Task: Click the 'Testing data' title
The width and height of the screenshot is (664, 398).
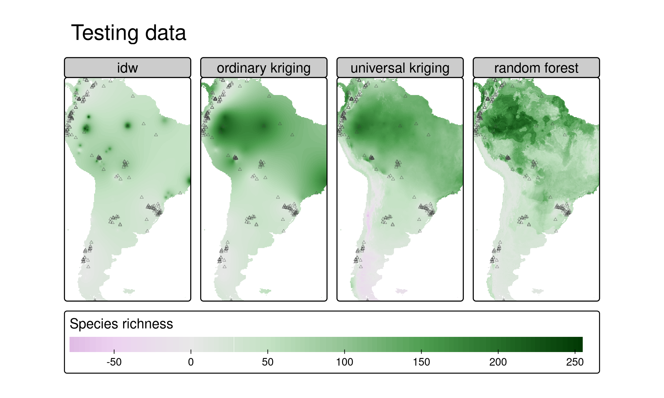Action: click(x=128, y=33)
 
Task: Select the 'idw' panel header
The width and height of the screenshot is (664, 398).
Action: click(x=127, y=68)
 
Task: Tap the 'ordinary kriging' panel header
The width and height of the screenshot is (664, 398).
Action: click(x=264, y=68)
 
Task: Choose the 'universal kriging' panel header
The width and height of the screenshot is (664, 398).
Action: click(x=400, y=68)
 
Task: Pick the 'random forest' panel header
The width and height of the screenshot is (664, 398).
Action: click(x=536, y=68)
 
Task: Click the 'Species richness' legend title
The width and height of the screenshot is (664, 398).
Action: click(x=121, y=324)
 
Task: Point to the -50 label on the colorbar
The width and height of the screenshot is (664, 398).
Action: click(x=114, y=362)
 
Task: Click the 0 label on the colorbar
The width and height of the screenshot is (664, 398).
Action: click(x=191, y=362)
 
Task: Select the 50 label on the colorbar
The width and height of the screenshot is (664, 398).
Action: click(x=268, y=362)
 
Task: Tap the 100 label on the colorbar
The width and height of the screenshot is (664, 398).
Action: click(x=344, y=362)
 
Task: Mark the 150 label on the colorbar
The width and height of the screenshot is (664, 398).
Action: click(x=421, y=362)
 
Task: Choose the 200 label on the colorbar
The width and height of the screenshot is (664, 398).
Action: click(x=498, y=362)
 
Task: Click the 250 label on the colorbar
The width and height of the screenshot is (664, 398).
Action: click(x=575, y=362)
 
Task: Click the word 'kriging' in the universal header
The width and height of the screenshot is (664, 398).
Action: click(x=429, y=68)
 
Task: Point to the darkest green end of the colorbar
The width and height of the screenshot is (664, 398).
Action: click(x=580, y=344)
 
